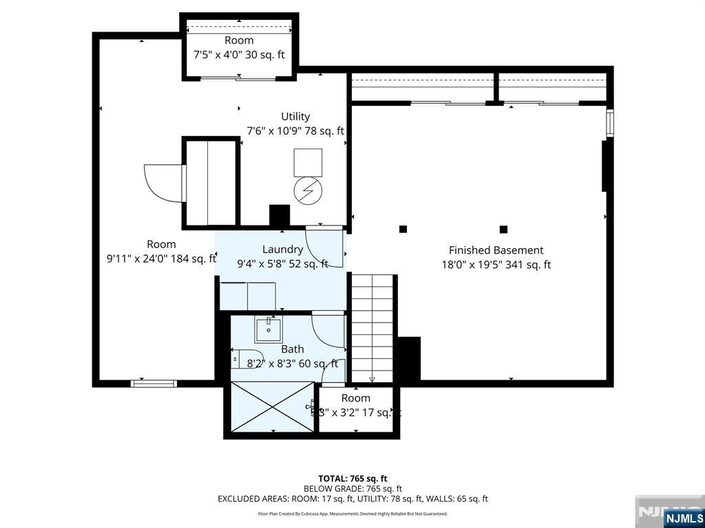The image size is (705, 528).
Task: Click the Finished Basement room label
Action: (496, 250)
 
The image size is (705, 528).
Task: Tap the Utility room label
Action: (295, 116)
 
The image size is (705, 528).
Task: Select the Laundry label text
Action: (282, 250)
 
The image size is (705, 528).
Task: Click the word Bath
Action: (292, 349)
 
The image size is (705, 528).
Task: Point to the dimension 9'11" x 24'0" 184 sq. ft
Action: (161, 258)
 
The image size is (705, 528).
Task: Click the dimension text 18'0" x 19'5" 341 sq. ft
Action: (496, 265)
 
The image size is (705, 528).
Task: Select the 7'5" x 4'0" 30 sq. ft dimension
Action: (239, 55)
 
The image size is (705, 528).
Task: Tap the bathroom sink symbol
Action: (268, 330)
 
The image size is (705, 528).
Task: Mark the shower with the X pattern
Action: (272, 407)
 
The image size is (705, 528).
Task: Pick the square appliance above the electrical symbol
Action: (308, 162)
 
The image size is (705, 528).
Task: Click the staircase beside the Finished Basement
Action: (372, 327)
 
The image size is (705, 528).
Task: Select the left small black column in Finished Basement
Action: (403, 229)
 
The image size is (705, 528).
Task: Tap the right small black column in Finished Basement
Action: (504, 229)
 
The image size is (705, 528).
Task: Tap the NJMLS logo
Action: (683, 518)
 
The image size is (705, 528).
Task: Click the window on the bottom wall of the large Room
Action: (154, 383)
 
